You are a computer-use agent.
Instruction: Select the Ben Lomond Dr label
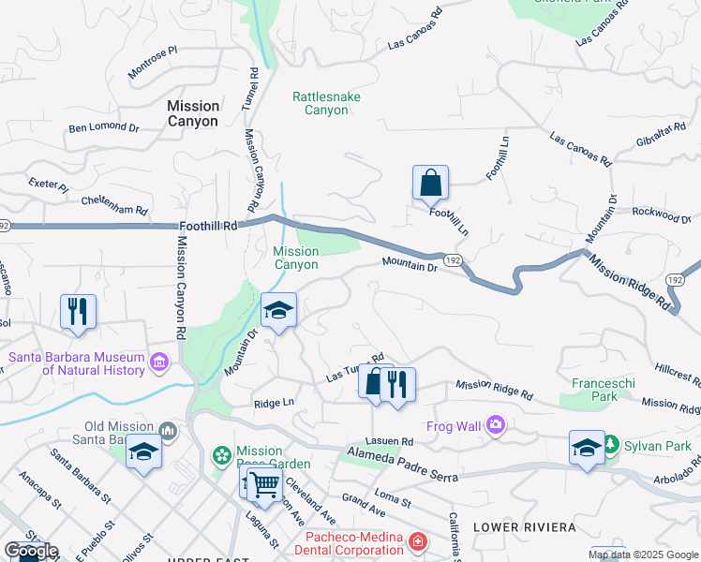click(x=103, y=127)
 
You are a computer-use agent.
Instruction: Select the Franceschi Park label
click(x=595, y=390)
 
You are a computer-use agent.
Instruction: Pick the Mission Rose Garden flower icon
click(x=222, y=456)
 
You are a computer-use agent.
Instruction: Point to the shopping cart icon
click(x=265, y=483)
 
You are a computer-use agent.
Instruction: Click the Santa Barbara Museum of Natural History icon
click(x=158, y=362)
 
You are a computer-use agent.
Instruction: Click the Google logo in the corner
click(x=31, y=551)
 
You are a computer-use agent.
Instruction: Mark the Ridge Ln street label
click(x=274, y=403)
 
